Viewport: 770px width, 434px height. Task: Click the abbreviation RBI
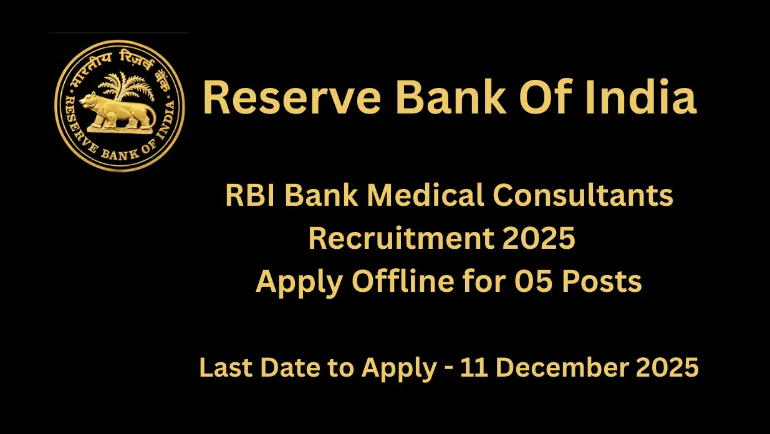click(x=249, y=196)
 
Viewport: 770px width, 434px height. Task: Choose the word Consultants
click(x=583, y=196)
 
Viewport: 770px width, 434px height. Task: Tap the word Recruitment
click(x=405, y=239)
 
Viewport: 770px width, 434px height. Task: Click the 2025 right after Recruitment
click(x=542, y=239)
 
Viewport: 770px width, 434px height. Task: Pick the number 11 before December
click(x=471, y=368)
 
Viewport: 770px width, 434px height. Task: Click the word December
click(x=556, y=368)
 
